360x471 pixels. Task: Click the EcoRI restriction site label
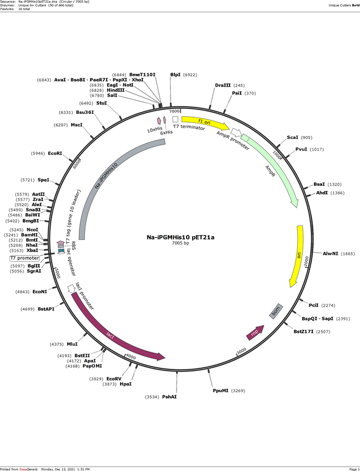[x=55, y=153]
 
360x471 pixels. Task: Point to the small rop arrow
[x=255, y=333]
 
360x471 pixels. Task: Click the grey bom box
[x=276, y=311]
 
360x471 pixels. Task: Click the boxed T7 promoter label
[x=24, y=258]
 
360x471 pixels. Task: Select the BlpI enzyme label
[x=175, y=74]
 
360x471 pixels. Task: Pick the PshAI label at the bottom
[x=169, y=397]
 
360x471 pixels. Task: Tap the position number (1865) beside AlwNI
[x=347, y=253]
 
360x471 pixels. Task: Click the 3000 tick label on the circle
[x=241, y=351]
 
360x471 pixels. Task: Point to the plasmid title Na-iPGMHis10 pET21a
[x=181, y=237]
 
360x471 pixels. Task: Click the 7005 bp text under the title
[x=181, y=243]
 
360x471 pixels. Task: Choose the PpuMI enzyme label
[x=221, y=391]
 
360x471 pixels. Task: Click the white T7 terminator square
[x=175, y=119]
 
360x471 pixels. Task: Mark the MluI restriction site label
[x=72, y=344]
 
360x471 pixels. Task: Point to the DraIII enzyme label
[x=223, y=86]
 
